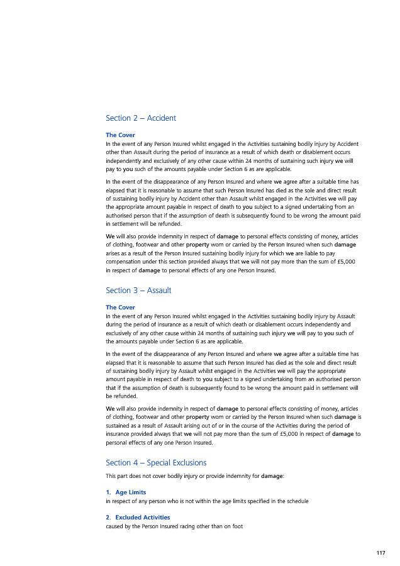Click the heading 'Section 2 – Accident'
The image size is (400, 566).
click(x=141, y=118)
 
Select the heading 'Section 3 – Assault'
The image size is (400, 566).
click(x=138, y=291)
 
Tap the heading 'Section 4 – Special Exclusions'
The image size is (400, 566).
click(x=156, y=463)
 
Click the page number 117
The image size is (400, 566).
click(x=381, y=553)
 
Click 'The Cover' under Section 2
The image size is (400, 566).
click(x=120, y=135)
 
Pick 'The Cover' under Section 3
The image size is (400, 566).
click(x=120, y=308)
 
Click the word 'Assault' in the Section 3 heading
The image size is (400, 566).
click(x=160, y=291)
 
